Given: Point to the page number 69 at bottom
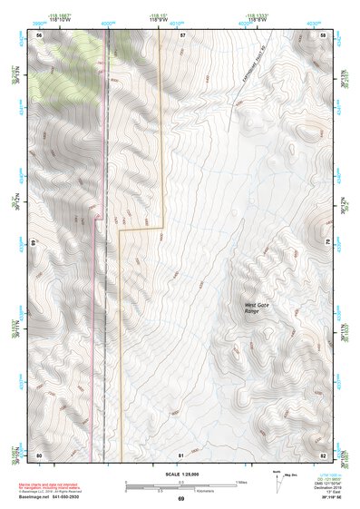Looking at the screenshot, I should coord(180,499).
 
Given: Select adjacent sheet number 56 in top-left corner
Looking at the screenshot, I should coord(39,34).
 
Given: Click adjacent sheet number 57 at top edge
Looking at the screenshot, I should coord(181,34).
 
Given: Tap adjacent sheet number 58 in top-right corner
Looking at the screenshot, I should coord(323,34).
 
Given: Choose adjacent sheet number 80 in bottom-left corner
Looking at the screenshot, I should coord(39,453).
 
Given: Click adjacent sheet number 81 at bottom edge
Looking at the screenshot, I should coord(181,453).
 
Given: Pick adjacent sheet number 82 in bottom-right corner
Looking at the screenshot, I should coord(323,453).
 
